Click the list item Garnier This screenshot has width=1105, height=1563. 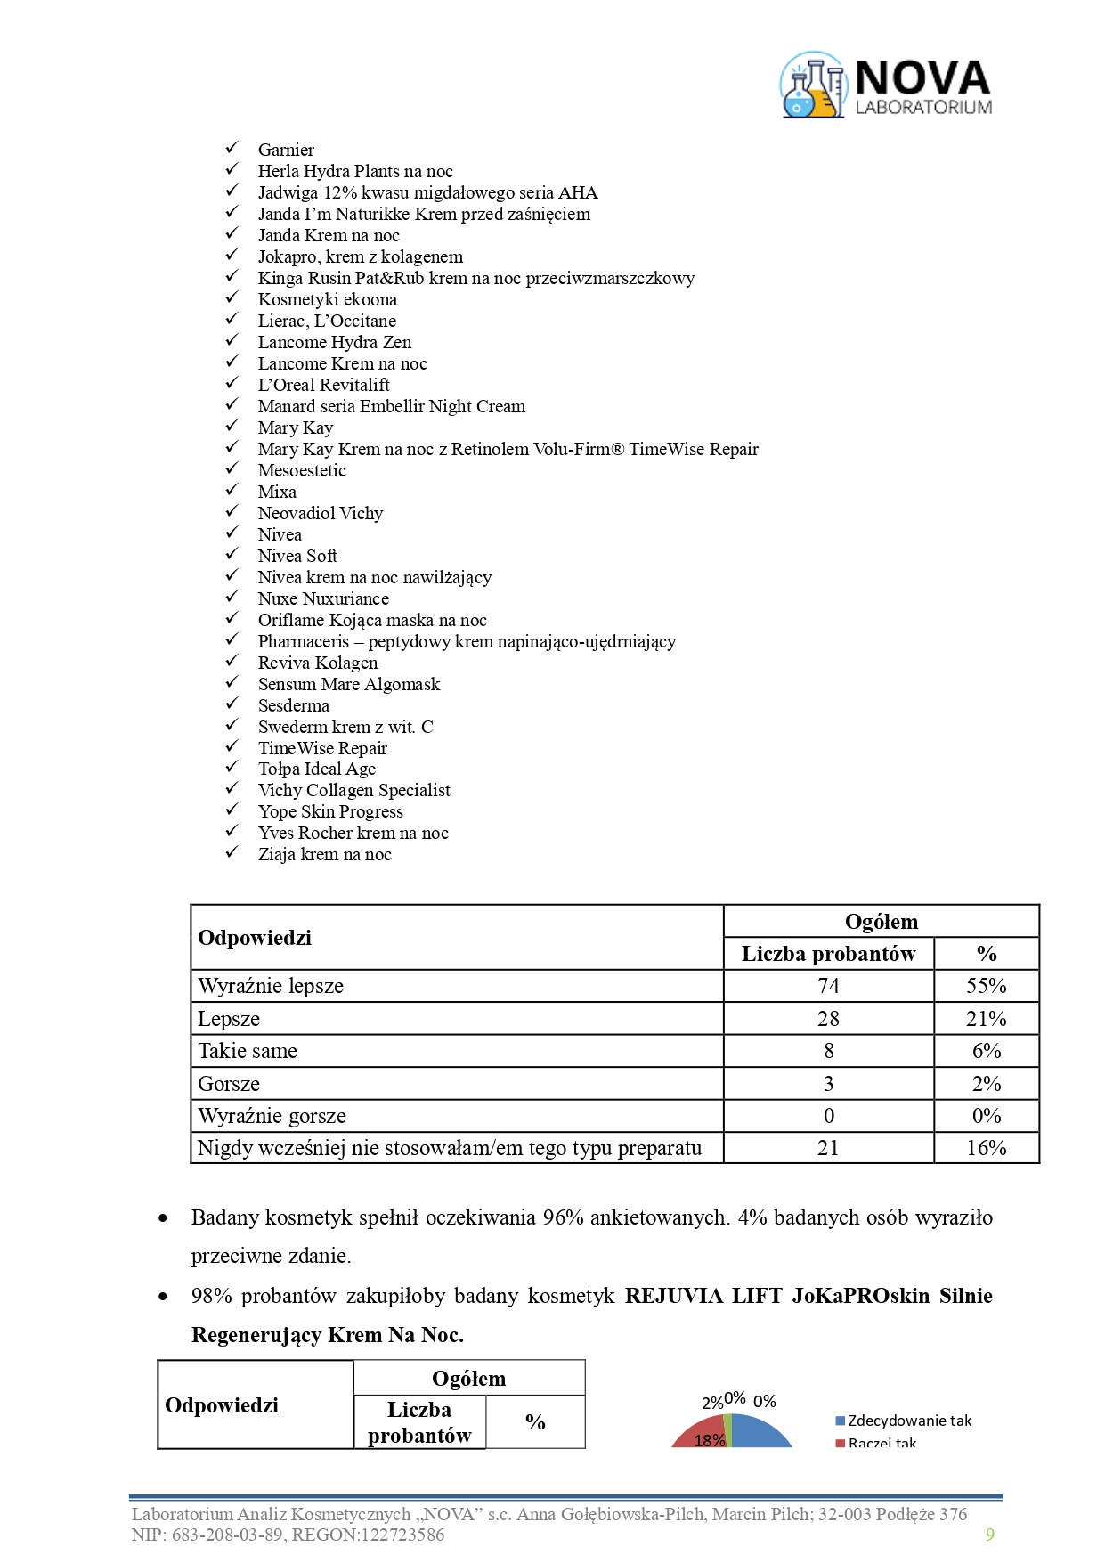coord(286,150)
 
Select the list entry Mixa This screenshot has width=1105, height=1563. coord(277,492)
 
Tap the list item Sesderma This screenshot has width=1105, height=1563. coord(294,705)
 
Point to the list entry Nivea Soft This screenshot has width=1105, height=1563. coord(297,556)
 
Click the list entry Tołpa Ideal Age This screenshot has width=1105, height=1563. coord(317,769)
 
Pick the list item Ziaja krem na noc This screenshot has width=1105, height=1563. coord(325,854)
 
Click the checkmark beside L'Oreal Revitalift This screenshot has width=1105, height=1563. coord(232,383)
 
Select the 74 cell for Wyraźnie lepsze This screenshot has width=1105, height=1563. coord(828,986)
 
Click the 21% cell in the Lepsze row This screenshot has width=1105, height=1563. coord(987,1019)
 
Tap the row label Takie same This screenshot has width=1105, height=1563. coord(248,1051)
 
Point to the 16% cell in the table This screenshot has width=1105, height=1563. coord(987,1148)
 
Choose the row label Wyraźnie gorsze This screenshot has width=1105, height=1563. coord(272,1116)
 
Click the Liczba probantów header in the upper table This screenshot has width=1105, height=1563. coord(828,954)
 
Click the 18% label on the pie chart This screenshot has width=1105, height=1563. coord(710,1440)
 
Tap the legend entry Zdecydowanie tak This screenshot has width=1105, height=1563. coord(909,1421)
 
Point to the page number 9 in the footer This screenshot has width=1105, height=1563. coord(990,1535)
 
